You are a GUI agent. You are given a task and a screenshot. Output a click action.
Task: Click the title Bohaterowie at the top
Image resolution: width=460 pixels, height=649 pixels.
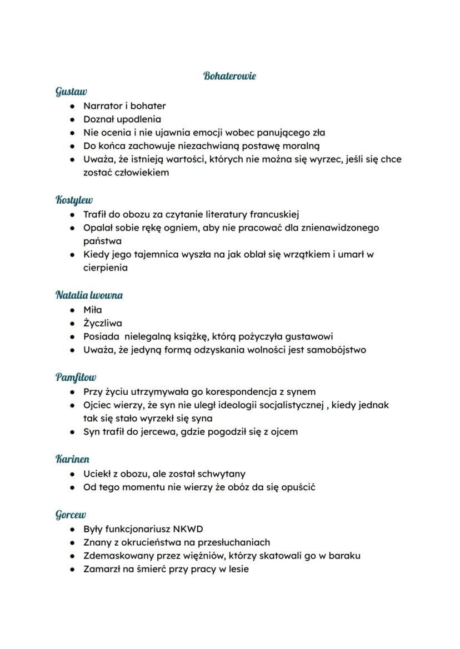(229, 76)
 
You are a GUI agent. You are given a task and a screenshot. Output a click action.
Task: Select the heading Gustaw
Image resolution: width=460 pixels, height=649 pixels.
(71, 91)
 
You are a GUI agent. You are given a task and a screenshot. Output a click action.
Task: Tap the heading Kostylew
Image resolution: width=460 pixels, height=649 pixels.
(74, 199)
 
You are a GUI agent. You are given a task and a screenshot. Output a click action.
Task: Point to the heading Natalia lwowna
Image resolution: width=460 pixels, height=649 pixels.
(89, 295)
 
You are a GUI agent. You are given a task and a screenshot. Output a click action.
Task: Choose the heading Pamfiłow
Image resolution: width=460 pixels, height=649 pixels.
(76, 377)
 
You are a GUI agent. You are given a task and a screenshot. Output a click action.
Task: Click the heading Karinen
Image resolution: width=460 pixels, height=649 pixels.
(72, 459)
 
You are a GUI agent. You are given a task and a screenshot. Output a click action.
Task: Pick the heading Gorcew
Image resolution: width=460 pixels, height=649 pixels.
(71, 515)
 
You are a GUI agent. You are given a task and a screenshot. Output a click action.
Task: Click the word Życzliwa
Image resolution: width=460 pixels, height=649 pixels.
(103, 323)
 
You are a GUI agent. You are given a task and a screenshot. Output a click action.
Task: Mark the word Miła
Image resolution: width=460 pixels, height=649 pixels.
(93, 309)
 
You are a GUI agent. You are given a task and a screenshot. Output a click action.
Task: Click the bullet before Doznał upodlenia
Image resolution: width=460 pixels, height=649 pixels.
(72, 119)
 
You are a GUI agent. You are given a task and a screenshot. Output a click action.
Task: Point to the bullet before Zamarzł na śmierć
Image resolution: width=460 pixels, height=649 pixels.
(72, 569)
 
